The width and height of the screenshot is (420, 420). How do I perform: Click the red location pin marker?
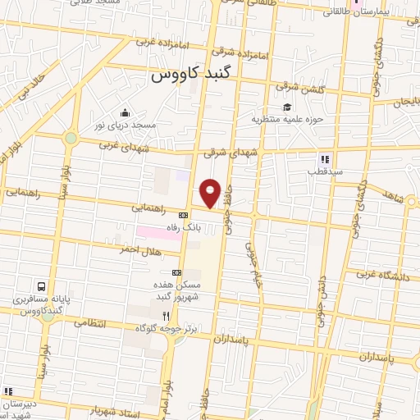211,193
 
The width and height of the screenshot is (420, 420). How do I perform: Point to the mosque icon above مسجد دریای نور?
125,113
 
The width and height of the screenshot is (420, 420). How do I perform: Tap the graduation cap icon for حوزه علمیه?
287,107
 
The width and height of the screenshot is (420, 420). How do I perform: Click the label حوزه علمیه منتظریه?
282,121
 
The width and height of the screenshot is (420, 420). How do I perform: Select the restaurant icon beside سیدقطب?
325,159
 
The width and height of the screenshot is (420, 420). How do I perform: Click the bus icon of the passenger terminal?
41,288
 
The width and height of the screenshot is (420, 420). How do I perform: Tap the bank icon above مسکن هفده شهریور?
176,272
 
